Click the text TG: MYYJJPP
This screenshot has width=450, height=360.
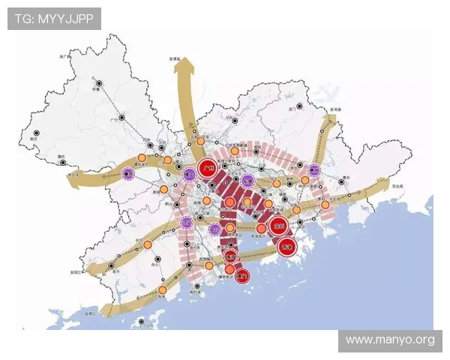tap(54, 18)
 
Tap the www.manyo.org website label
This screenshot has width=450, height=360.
tap(390, 340)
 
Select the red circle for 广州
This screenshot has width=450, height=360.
tap(208, 169)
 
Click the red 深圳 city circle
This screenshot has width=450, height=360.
tap(280, 225)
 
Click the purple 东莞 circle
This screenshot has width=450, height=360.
tap(249, 180)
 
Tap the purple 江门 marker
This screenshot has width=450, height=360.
tap(187, 222)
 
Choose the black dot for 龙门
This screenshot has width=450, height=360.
tap(298, 107)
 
